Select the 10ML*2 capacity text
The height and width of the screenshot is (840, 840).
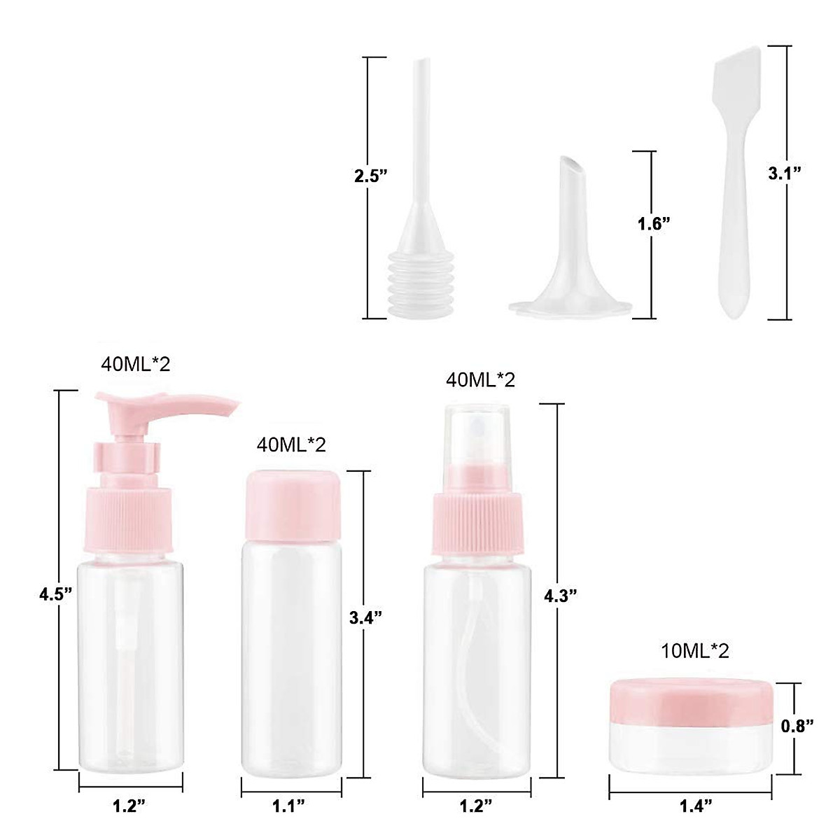[695, 651]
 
